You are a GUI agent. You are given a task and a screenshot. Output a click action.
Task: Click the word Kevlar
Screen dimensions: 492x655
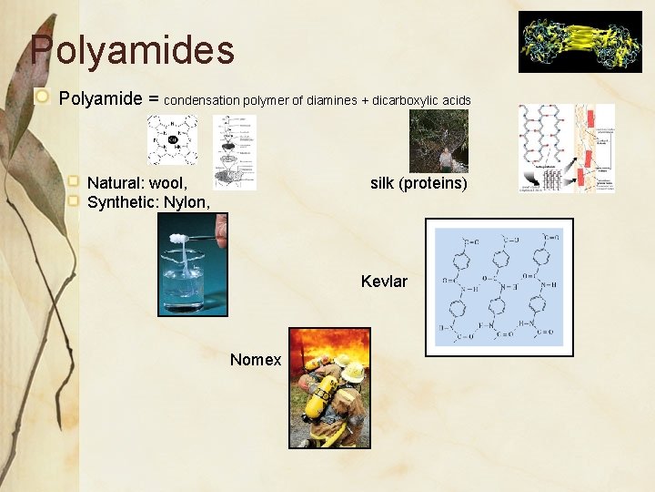click(x=384, y=282)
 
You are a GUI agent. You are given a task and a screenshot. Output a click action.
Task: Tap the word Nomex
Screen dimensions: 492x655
click(x=256, y=360)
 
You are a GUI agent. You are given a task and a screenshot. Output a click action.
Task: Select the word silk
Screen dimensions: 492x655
click(x=384, y=183)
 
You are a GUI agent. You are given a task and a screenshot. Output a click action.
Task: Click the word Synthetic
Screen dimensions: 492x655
click(x=122, y=202)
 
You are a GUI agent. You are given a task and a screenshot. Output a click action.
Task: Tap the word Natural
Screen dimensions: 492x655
click(x=115, y=183)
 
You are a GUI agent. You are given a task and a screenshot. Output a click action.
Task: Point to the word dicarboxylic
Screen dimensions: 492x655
click(x=406, y=99)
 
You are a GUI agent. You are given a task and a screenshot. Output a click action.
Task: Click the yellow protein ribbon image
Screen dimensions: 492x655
click(x=579, y=41)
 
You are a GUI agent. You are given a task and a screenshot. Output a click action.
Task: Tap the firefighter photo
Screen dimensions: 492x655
click(x=329, y=387)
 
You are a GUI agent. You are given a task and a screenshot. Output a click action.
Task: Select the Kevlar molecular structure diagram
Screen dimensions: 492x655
click(x=499, y=287)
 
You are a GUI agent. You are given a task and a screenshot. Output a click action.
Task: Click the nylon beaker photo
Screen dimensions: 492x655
click(x=193, y=270)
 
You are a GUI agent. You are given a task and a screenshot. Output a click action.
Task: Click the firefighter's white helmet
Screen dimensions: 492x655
click(x=353, y=372)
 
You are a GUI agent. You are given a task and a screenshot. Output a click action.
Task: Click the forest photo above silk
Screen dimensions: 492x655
click(x=438, y=141)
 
